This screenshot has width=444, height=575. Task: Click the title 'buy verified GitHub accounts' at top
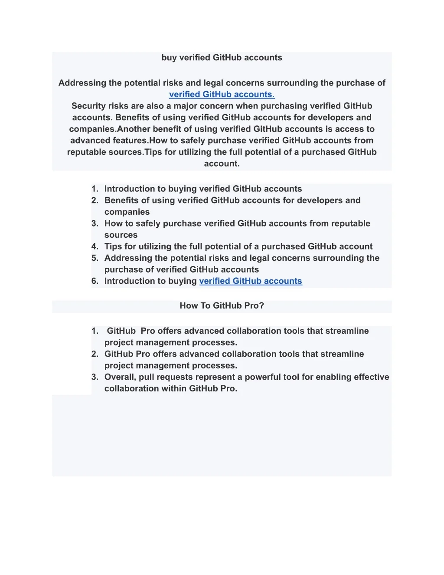click(x=222, y=58)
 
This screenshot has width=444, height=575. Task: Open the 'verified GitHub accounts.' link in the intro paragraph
click(x=222, y=95)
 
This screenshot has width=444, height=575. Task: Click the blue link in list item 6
click(x=250, y=281)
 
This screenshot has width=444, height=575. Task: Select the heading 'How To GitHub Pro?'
click(x=222, y=306)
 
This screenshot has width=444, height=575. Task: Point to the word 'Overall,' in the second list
click(x=120, y=377)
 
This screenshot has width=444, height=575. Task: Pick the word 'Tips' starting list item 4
click(x=113, y=246)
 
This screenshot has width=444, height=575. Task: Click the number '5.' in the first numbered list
click(x=95, y=258)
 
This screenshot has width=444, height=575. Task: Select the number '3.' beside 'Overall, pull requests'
click(x=95, y=377)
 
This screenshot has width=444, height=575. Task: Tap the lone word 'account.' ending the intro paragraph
click(x=222, y=164)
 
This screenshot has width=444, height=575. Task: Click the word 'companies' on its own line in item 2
click(x=127, y=212)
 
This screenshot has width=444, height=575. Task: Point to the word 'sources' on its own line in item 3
click(x=121, y=235)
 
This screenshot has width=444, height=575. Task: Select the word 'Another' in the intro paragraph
click(x=134, y=129)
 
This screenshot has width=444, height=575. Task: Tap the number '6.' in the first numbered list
click(x=95, y=281)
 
